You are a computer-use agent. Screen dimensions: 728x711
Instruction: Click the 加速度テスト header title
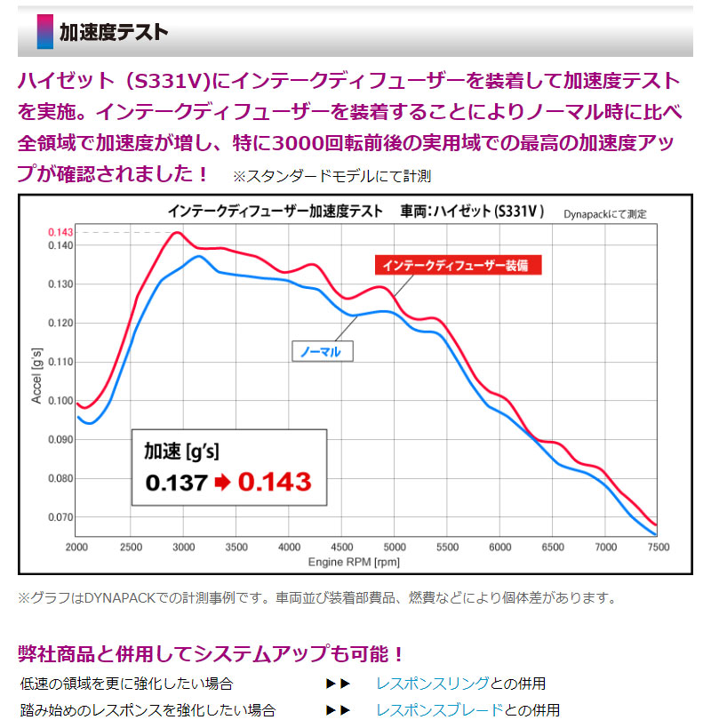113,34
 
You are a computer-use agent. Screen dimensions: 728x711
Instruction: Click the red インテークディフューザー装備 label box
456,265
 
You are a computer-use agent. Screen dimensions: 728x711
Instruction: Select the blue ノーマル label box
322,351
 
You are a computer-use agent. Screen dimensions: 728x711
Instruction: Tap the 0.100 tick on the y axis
60,400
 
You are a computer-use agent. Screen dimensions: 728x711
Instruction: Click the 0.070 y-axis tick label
60,516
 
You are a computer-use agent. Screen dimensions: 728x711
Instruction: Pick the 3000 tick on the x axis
183,546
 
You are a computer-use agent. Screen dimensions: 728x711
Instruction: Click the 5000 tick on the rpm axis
394,546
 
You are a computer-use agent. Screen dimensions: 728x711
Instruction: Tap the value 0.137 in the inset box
176,483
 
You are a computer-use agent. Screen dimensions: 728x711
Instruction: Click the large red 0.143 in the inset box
275,482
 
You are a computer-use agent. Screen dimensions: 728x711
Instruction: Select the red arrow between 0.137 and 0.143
222,483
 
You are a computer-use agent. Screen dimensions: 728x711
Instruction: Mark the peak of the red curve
178,232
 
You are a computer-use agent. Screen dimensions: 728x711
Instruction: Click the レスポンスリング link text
432,684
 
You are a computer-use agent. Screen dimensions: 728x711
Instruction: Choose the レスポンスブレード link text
439,710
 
